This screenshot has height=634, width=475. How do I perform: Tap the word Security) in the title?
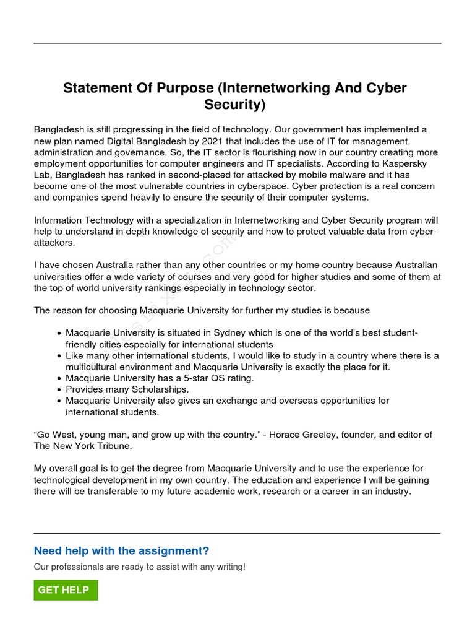pos(234,105)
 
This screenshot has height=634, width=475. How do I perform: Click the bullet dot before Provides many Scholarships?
pos(58,389)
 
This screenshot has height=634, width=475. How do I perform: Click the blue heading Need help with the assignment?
pos(121,551)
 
